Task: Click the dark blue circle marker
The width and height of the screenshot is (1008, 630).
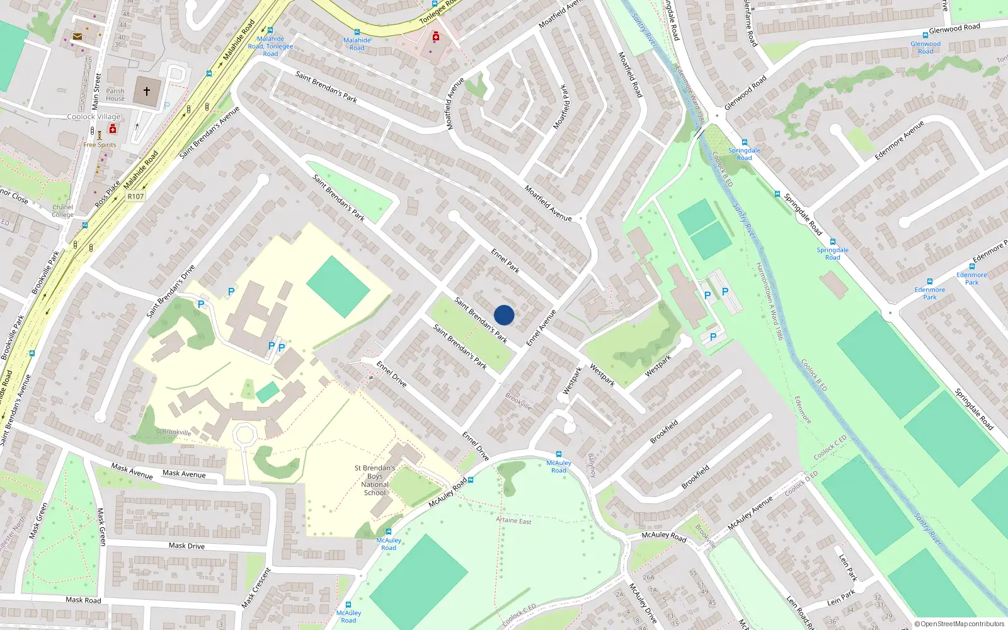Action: [504, 315]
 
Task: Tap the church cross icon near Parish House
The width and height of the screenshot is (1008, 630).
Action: [147, 91]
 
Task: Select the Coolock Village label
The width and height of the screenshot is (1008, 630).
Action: [94, 117]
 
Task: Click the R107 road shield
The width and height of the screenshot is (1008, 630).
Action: [135, 197]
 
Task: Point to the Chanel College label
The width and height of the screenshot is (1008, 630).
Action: [63, 211]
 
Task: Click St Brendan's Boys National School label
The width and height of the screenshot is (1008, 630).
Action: [375, 480]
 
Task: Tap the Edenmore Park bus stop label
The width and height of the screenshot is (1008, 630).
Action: [971, 278]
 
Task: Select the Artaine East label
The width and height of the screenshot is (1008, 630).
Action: [513, 520]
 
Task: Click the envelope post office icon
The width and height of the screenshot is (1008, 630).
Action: [77, 37]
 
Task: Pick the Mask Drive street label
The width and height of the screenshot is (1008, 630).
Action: [186, 546]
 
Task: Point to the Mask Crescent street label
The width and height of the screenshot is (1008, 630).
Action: [256, 588]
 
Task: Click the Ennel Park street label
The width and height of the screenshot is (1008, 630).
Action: [505, 261]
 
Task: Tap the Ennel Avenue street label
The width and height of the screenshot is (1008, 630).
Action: [541, 328]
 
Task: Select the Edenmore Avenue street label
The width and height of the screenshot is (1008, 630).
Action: [899, 140]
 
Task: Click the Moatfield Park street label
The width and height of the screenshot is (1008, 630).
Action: [561, 107]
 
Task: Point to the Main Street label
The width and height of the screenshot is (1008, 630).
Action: [96, 91]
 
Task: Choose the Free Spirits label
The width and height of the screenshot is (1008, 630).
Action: [100, 145]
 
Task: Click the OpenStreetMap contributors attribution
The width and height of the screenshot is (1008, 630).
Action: [959, 624]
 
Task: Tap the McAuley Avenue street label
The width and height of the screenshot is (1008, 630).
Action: [750, 513]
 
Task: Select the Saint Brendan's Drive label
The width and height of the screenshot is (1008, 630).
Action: [171, 291]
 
